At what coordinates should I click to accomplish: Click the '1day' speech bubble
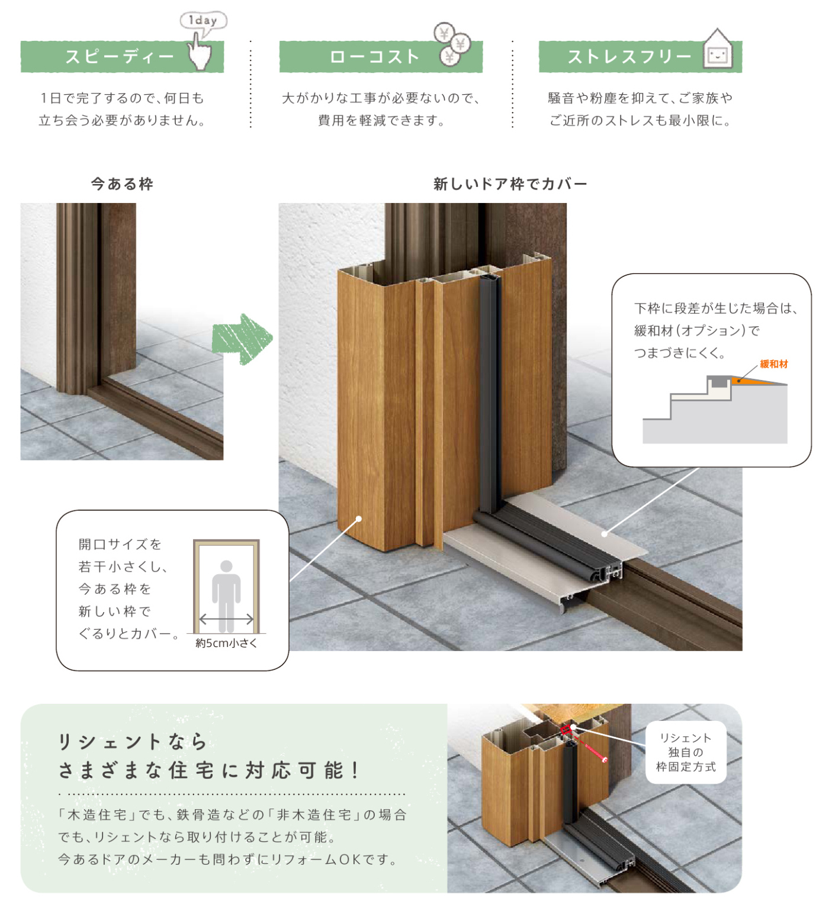203,21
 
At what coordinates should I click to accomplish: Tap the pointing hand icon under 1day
200,52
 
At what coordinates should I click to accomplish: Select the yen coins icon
452,44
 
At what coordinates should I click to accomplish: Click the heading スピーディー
120,57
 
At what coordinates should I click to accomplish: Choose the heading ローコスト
374,57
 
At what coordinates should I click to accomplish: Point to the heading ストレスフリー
629,57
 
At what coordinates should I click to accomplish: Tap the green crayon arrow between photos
242,339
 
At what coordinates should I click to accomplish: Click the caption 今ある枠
122,184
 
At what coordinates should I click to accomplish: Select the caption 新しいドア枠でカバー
510,184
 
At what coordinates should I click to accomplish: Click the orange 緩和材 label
774,364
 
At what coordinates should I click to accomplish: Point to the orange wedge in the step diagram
755,381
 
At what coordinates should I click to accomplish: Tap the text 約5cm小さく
226,643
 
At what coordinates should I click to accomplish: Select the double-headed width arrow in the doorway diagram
226,620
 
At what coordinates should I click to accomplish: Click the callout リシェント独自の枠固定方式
686,752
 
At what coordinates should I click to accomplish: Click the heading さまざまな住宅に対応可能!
208,770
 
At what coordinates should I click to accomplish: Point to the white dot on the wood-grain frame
359,519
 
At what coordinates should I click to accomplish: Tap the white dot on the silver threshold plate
605,533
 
